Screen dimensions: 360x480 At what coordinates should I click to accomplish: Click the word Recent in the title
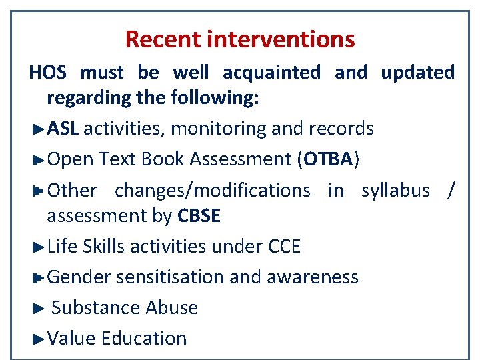click(x=163, y=39)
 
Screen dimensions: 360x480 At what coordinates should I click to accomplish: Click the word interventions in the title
click(x=281, y=39)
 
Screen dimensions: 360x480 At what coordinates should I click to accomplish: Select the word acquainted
click(x=271, y=72)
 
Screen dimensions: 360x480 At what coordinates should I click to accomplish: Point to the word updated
click(x=417, y=72)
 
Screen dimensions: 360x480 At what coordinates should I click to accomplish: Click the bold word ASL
click(x=63, y=128)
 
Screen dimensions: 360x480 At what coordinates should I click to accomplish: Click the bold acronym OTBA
click(x=327, y=159)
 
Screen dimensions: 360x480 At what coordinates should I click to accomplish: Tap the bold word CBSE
click(x=199, y=216)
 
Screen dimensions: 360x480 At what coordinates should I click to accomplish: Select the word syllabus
click(x=395, y=191)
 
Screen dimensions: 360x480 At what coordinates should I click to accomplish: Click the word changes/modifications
click(x=213, y=191)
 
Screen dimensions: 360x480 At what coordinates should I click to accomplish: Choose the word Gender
click(x=79, y=277)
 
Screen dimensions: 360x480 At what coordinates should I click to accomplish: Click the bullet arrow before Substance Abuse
click(x=38, y=308)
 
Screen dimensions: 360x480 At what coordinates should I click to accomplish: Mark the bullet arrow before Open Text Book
click(x=38, y=159)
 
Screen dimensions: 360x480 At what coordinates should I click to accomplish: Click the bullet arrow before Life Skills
click(x=38, y=247)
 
